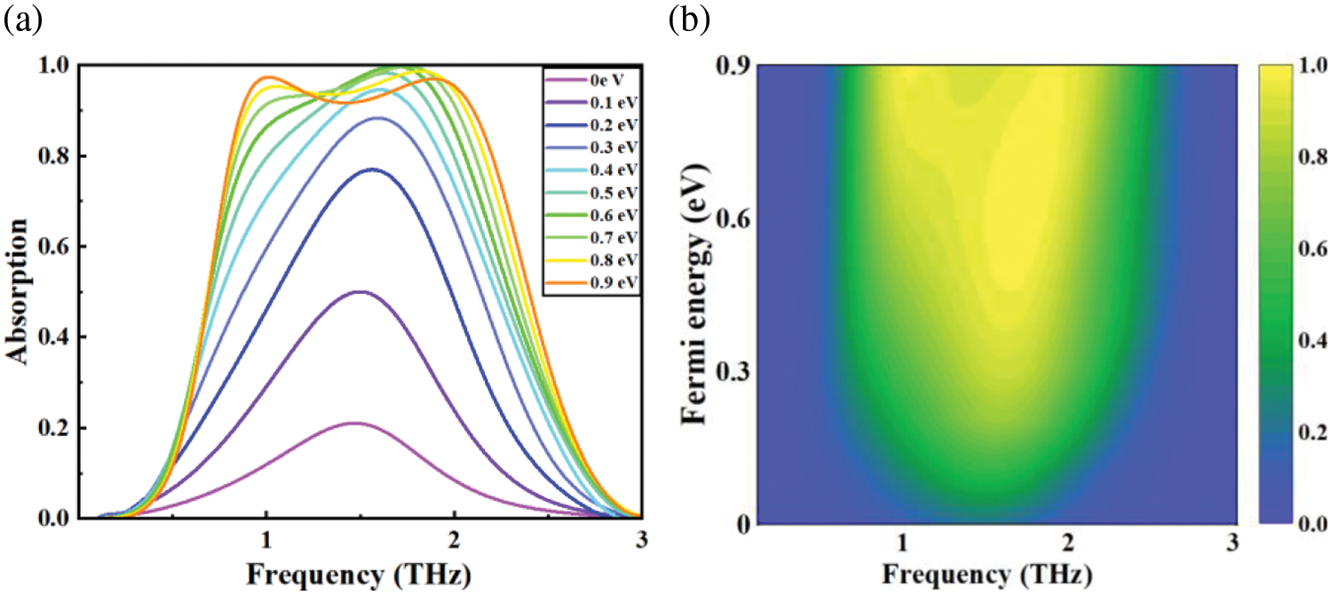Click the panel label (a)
[21, 20]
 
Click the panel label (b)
[689, 20]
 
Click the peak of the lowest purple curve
[355, 423]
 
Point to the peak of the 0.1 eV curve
[360, 291]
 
